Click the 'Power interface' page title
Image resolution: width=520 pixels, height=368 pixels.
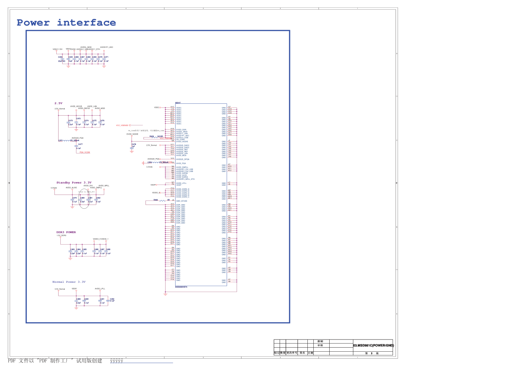[66, 23]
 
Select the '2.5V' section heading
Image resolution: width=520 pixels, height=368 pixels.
[59, 103]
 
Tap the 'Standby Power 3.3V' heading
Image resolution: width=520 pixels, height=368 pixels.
[74, 183]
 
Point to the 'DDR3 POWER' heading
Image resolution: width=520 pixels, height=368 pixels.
[66, 232]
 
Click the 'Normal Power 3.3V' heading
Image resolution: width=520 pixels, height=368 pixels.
[69, 282]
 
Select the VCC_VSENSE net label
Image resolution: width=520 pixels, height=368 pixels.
[122, 125]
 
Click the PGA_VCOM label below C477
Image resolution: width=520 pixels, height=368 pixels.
[85, 152]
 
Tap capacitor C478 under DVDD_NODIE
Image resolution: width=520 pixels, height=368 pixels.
[132, 147]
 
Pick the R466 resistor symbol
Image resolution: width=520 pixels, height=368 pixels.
[161, 200]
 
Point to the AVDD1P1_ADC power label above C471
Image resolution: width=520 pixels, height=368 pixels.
[107, 47]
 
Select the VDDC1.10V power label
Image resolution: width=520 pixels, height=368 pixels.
[57, 49]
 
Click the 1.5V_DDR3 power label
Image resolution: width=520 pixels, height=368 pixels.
[61, 235]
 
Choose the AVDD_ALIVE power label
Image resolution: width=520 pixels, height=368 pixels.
[71, 188]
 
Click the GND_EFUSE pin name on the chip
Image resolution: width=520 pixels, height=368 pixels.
[181, 201]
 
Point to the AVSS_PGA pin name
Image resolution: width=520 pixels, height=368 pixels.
[181, 163]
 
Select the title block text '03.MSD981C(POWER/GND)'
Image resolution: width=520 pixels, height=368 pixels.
[373, 345]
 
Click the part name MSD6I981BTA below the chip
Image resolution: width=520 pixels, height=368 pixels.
[181, 287]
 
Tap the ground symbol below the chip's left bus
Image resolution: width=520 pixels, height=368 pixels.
[165, 294]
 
